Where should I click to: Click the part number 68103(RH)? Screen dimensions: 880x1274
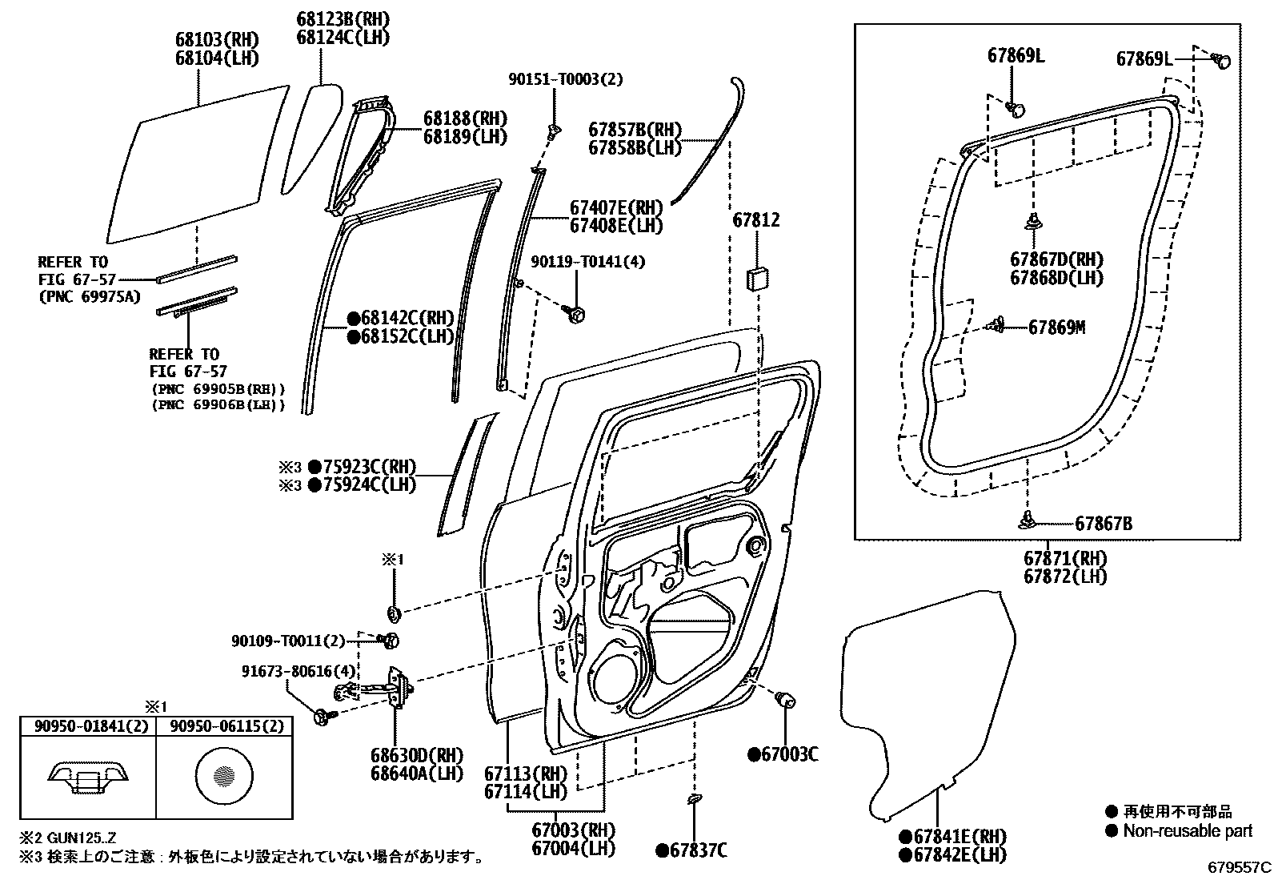217,39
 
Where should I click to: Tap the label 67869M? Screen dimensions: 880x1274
1056,327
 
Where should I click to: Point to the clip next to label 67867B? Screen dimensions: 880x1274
1030,522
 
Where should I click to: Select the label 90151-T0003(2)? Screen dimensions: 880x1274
566,79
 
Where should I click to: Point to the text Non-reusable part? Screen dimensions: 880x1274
1188,831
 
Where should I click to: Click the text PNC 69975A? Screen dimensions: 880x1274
89,296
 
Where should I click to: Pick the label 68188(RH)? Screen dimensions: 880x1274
465,118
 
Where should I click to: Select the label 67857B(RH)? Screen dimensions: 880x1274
635,130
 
